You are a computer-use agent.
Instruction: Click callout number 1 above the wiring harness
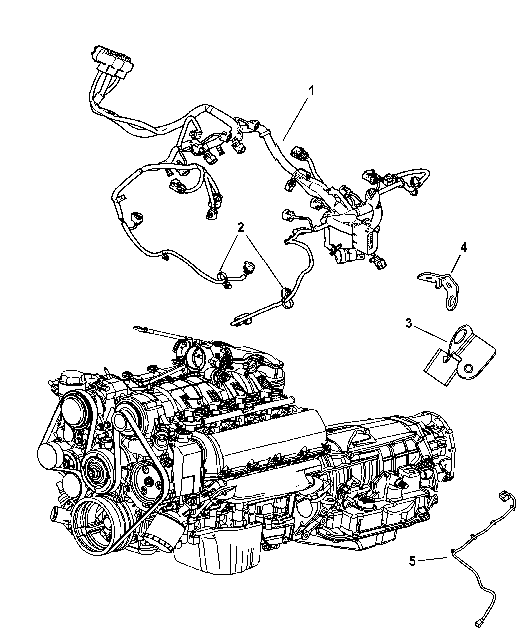311,91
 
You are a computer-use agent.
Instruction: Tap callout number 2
241,227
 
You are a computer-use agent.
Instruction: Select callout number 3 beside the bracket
409,323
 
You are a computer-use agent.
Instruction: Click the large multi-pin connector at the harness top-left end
112,61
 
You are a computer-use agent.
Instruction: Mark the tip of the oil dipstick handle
135,328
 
